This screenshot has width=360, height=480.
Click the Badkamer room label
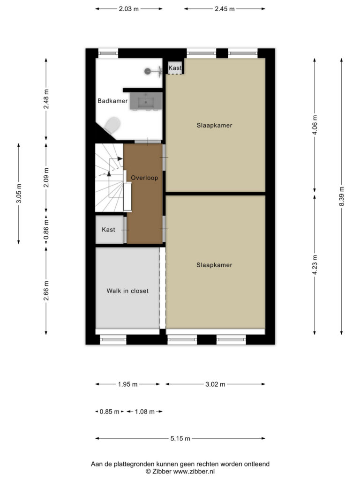112,101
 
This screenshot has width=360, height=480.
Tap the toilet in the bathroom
112,125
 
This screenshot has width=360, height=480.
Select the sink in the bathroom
146,101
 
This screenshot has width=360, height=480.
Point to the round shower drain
147,71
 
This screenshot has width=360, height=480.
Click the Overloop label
144,178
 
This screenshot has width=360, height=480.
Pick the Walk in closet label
127,291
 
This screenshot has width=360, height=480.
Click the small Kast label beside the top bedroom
175,67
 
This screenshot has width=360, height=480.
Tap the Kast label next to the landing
108,230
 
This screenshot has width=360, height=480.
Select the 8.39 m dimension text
342,196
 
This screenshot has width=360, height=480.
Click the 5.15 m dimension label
180,438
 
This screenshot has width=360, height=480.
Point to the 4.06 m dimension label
315,125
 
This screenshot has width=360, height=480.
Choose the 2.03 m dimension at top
129,9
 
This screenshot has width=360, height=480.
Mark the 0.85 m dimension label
109,412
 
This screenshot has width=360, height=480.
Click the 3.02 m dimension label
215,384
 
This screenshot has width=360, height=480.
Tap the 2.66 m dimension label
46,291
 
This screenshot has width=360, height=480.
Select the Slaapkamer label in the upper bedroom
214,125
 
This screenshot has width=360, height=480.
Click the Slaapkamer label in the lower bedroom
214,265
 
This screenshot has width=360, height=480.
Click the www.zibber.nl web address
194,472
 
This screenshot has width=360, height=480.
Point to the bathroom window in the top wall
108,53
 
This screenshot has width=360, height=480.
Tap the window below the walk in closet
113,339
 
